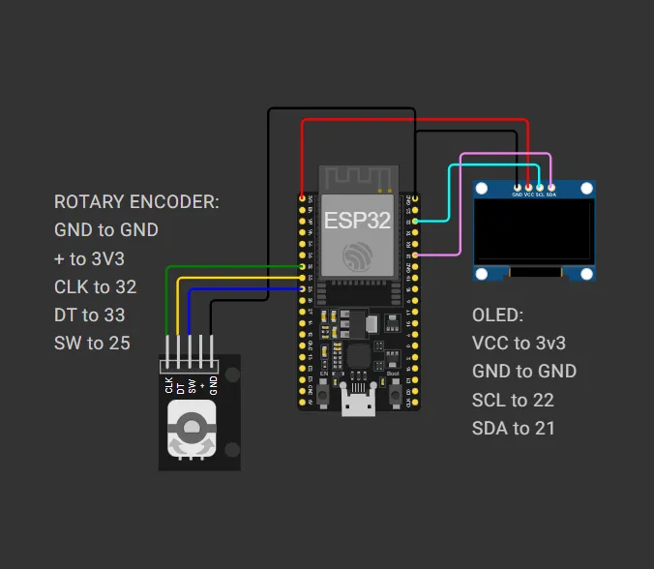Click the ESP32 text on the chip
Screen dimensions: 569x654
tap(357, 220)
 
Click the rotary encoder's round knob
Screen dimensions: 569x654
tap(191, 426)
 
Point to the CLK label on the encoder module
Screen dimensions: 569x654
tap(169, 384)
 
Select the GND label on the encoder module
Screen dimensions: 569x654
tap(213, 384)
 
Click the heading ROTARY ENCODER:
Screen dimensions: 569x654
tap(136, 202)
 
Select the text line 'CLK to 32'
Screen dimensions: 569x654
tap(95, 286)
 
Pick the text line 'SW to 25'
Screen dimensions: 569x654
tap(92, 343)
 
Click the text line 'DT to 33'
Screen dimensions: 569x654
tap(89, 314)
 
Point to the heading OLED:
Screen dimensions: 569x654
tap(497, 314)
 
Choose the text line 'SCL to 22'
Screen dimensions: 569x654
tap(514, 400)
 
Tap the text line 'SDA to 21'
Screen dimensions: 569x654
tap(514, 428)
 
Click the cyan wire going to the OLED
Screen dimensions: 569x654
tap(449, 194)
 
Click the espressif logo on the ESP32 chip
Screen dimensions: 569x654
tap(358, 255)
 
